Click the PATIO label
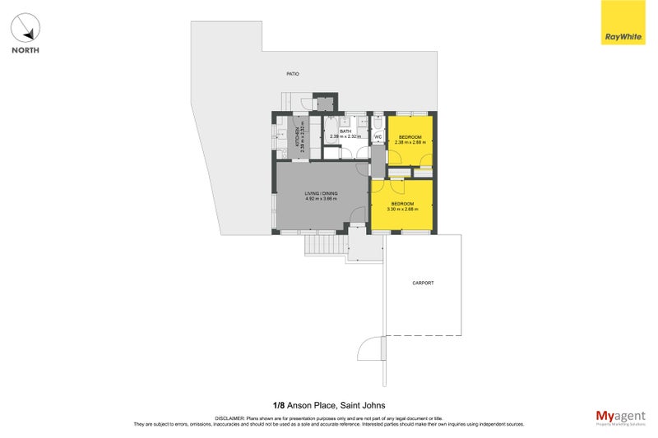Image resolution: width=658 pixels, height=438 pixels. click(x=292, y=74)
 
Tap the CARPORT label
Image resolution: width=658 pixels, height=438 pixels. click(x=423, y=283)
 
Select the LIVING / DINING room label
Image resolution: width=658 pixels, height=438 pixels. click(x=322, y=193)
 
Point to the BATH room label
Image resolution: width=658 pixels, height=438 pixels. click(x=345, y=131)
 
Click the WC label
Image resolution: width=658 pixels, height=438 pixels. click(x=378, y=136)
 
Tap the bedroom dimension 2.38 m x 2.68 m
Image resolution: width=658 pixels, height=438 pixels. click(x=410, y=142)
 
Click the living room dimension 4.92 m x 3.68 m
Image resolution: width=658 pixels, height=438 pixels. click(x=322, y=199)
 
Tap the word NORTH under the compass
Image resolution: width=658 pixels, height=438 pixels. click(x=26, y=51)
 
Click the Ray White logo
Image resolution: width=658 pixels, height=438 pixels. click(x=623, y=24)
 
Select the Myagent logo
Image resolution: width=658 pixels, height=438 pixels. click(x=620, y=417)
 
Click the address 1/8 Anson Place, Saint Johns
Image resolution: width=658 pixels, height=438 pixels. click(x=328, y=404)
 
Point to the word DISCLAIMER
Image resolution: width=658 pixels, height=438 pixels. click(x=231, y=418)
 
